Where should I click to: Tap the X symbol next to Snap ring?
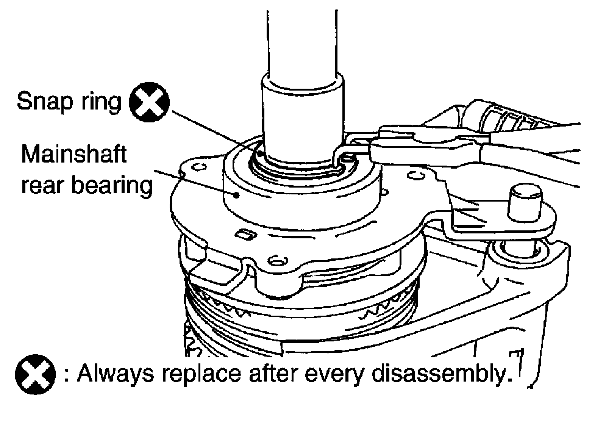click(149, 102)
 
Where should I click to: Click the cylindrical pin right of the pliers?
click(524, 204)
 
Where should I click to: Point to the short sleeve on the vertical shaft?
click(303, 114)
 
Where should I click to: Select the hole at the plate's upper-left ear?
click(199, 167)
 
